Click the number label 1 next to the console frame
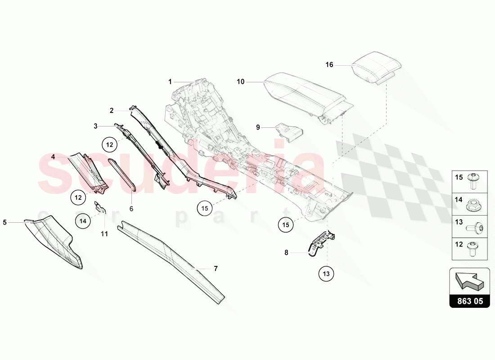click(170, 82)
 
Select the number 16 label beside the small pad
click(329, 65)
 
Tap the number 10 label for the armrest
click(241, 82)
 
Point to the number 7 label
click(216, 269)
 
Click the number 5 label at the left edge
click(5, 223)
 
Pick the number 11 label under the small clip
click(104, 234)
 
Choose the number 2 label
click(112, 111)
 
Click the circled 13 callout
click(326, 274)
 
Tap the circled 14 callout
click(83, 221)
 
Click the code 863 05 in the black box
click(470, 301)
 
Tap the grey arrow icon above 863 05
click(470, 281)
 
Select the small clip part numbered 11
click(100, 207)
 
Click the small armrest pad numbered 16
click(377, 67)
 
